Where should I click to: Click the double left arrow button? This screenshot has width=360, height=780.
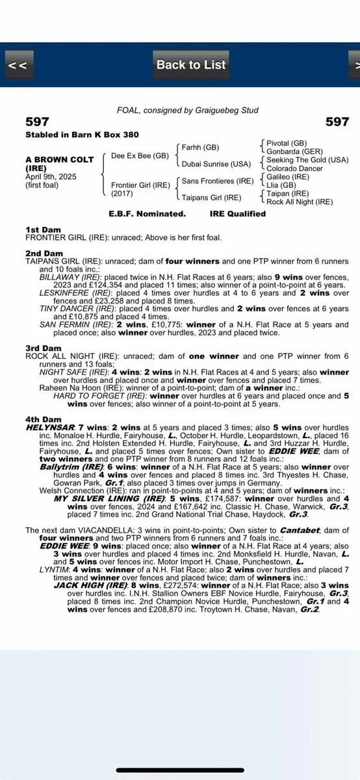click(18, 65)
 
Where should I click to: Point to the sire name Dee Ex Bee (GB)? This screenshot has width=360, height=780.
click(140, 156)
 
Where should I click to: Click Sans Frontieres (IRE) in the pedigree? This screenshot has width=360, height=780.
click(218, 181)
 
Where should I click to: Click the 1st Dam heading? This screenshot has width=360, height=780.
click(42, 230)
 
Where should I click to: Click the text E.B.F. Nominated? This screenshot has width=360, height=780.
click(147, 213)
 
